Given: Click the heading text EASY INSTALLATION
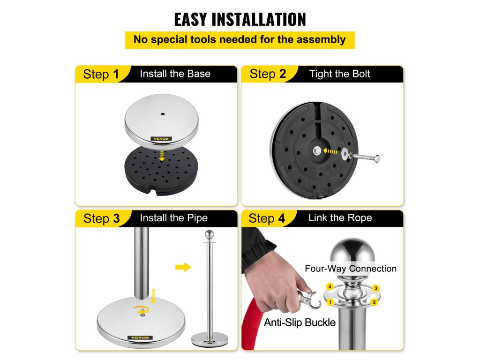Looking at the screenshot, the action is point(240,19).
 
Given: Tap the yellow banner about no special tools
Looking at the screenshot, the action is point(240,40).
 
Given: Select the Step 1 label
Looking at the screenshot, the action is point(101,75).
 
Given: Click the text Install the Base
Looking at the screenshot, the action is point(175,74).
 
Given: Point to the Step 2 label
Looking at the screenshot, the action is point(268,74).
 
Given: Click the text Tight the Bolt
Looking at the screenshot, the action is point(339,74).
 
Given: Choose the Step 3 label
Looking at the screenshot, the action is point(101,218).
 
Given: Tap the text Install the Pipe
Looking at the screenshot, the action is point(173,218).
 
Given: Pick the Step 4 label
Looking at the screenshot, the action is point(267,218).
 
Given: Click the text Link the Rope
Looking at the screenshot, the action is point(340,217).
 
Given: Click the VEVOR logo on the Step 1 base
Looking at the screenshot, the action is point(161,139).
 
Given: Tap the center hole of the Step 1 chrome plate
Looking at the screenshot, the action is point(163,114).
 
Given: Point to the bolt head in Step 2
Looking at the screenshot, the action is point(377,159).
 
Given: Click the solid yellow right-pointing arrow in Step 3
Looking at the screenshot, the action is point(183,267).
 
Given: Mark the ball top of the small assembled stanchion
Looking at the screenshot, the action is point(210,235).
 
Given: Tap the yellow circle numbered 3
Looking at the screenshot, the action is point(375,288).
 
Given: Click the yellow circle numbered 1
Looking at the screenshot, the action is point(330,302).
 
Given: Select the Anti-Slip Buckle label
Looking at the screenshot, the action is point(300,322).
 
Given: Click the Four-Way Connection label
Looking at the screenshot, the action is point(351,269).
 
